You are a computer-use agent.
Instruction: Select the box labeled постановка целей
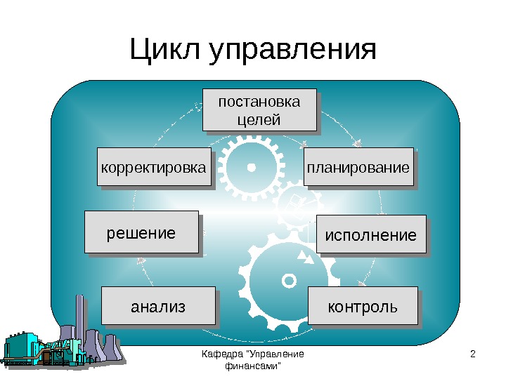[259, 109]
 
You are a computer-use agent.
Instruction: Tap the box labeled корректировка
[154, 168]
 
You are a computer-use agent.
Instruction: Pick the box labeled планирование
[358, 168]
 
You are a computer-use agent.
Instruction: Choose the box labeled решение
[141, 232]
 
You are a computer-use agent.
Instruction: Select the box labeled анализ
[158, 306]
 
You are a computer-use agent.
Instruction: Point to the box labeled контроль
[362, 306]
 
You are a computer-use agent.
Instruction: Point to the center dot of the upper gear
[251, 168]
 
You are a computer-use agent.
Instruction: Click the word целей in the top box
[259, 119]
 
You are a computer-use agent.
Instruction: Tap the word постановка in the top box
[259, 102]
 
